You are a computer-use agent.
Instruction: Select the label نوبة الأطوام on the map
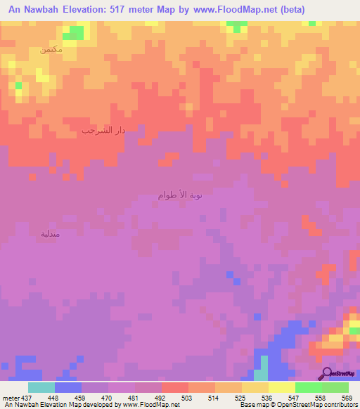[180, 195]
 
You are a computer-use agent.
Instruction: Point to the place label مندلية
[55, 233]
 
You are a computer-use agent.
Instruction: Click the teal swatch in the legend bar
[41, 387]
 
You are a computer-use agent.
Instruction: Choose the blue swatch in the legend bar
[68, 387]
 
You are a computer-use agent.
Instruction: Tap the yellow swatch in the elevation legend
[281, 387]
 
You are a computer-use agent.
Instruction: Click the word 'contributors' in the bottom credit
[340, 405]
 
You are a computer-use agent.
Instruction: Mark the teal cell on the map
[264, 368]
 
